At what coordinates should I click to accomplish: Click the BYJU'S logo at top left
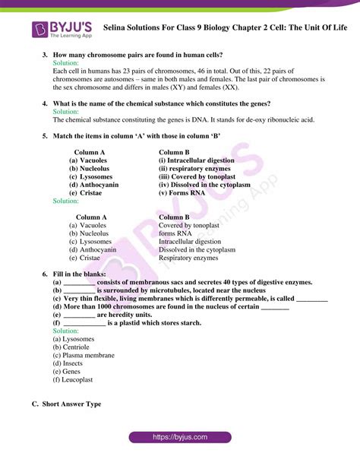62,30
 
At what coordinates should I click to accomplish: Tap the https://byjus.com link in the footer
179,438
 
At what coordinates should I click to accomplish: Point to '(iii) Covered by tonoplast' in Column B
197,176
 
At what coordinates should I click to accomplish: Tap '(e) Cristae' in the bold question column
87,193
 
